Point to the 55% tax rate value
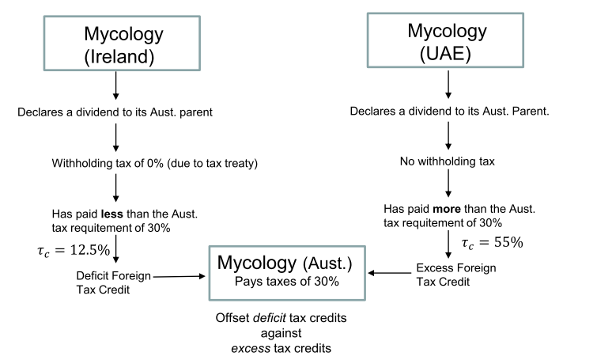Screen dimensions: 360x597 tap(499, 242)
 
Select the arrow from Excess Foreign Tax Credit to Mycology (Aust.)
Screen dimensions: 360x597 tap(390, 274)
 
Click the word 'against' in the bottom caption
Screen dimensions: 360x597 tap(287, 332)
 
